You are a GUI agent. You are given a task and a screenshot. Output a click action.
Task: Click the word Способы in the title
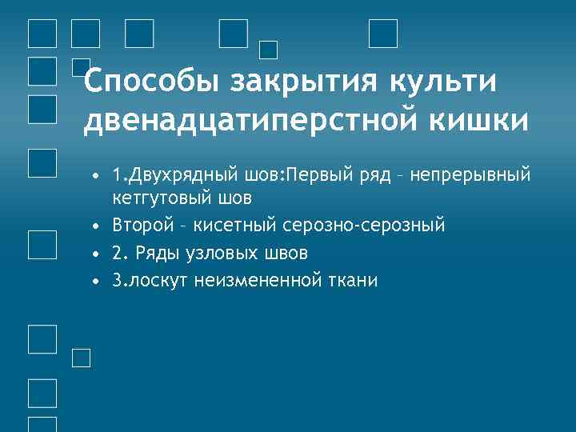pos(152,82)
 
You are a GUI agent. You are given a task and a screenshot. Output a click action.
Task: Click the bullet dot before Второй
pos(95,226)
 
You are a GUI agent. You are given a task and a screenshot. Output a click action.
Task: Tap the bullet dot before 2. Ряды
pos(95,254)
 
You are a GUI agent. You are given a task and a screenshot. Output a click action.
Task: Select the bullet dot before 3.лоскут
pos(95,281)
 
